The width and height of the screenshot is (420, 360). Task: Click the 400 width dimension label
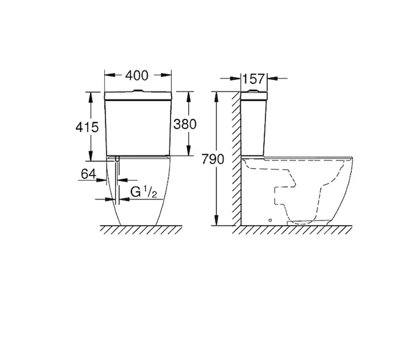[137, 76]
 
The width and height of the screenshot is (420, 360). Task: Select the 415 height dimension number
[87, 127]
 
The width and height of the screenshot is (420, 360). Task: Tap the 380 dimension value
[185, 124]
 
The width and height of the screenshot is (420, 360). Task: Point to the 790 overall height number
[212, 159]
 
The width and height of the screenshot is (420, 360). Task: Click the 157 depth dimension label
[253, 79]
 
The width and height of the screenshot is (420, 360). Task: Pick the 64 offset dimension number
[88, 174]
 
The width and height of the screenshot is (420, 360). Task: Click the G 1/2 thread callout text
[144, 192]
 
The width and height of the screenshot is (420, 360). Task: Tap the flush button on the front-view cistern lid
[138, 91]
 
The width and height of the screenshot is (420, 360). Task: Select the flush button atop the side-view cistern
[253, 91]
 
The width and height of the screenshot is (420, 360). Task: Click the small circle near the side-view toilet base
[270, 220]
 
